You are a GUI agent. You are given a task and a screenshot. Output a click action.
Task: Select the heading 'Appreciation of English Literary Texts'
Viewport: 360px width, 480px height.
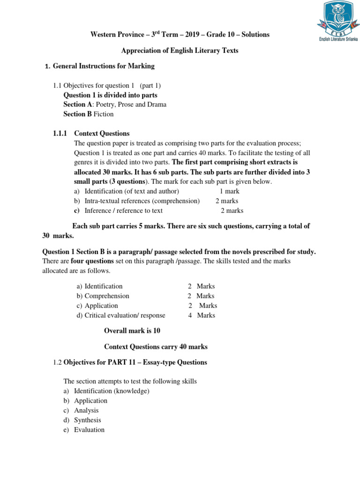point(180,51)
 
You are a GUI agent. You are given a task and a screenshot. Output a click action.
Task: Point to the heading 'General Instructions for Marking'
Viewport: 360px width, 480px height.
point(104,66)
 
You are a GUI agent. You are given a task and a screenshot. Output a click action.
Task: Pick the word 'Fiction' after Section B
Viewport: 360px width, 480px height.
point(104,114)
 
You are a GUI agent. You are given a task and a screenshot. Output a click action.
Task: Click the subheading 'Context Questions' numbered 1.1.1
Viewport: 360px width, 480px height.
point(102,134)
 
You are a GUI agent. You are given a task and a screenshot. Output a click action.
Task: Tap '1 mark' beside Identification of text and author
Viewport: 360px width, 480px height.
point(229,191)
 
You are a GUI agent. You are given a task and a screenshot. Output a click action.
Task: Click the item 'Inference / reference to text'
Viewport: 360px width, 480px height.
point(123,211)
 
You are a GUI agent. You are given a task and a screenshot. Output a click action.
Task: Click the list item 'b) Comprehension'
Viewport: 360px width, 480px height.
point(103,296)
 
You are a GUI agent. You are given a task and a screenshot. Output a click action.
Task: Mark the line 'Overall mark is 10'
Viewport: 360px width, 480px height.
point(132,331)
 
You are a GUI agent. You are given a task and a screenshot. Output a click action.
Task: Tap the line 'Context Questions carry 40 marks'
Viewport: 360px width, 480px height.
point(156,347)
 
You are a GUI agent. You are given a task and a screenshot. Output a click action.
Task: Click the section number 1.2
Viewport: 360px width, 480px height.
point(57,362)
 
